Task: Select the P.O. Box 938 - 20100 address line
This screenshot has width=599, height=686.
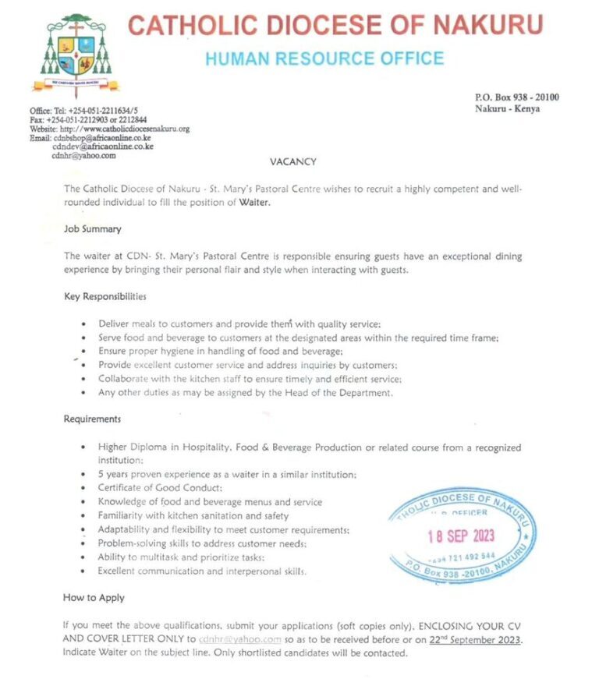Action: tap(516, 97)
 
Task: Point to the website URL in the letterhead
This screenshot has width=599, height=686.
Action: tap(109, 129)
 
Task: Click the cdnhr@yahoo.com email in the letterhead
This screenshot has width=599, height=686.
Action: tap(83, 155)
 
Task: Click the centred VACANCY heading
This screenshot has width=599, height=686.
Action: tap(292, 161)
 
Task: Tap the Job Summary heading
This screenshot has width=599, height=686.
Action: tap(92, 230)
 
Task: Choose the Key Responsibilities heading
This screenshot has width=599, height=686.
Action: tap(105, 297)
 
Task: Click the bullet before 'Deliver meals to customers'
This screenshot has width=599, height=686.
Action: tap(83, 324)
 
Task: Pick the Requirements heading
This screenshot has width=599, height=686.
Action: tap(92, 419)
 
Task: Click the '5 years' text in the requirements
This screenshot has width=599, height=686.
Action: tap(115, 475)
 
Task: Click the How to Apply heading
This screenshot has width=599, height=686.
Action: tap(94, 598)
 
